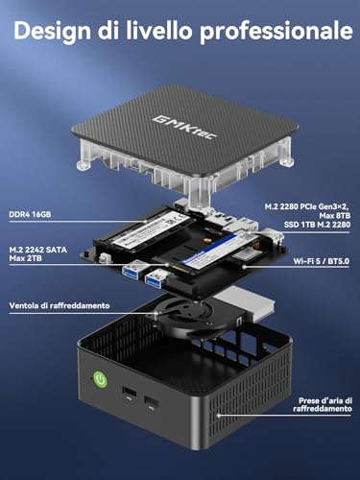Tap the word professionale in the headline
point(276,32)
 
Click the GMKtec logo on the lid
point(184,128)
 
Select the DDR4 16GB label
point(30,214)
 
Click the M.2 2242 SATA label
point(38,250)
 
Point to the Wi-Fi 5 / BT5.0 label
point(322,261)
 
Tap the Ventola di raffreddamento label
point(60,305)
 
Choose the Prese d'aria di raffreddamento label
point(323,405)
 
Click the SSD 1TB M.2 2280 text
point(317,225)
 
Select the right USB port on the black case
point(152,401)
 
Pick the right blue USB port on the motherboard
point(156,276)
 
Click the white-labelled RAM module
point(153,227)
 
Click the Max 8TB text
point(335,215)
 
